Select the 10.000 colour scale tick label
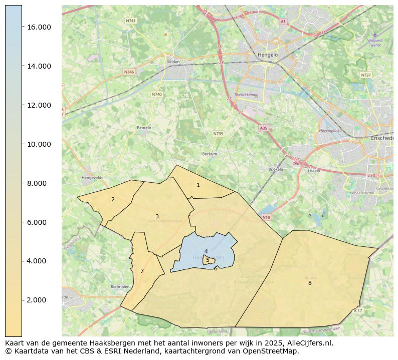39,144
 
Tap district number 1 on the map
198,185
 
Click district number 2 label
113,200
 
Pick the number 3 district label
157,217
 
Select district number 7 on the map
142,271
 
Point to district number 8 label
310,283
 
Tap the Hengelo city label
267,55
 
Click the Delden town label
172,62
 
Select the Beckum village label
209,154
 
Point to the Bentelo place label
144,128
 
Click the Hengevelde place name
92,177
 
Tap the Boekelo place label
276,169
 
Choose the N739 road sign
218,134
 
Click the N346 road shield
129,72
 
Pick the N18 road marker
266,217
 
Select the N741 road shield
131,21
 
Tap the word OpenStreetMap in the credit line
274,351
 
